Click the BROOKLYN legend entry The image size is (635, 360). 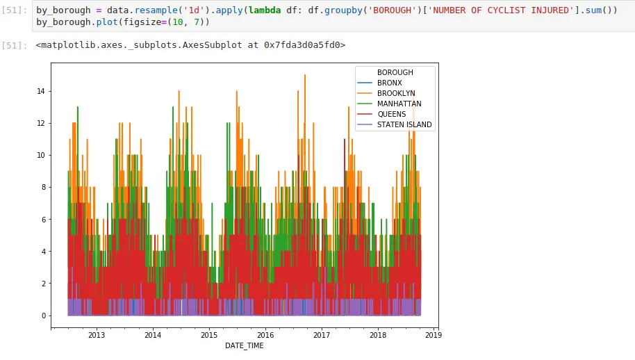395,93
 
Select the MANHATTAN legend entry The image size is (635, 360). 399,104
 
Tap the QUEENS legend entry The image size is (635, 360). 392,114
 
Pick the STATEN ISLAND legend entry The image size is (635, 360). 404,124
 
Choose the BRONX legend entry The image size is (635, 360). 390,83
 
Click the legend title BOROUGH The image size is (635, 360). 395,72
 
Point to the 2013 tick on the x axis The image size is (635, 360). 96,335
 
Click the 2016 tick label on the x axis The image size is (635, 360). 265,335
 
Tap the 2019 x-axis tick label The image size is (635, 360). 434,335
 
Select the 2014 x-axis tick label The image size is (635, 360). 152,335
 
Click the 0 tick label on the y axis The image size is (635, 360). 43,316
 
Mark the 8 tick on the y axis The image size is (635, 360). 43,187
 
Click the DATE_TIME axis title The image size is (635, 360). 244,345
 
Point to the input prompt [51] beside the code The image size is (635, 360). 15,11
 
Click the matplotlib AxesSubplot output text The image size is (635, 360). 190,45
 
